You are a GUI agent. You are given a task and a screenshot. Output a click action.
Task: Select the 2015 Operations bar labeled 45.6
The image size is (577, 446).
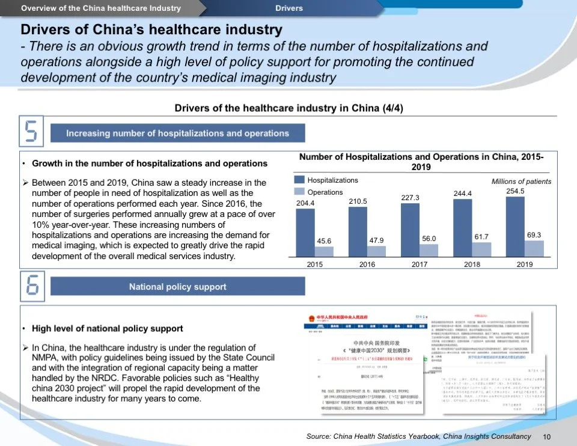tap(324, 251)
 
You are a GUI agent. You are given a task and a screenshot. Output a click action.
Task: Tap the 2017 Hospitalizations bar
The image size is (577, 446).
tap(410, 230)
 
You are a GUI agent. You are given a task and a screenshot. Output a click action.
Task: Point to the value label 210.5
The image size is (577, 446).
tap(358, 201)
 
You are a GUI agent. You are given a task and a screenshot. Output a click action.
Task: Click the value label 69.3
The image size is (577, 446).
tap(534, 235)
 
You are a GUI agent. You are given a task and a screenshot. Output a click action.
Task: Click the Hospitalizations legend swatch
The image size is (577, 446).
tap(299, 180)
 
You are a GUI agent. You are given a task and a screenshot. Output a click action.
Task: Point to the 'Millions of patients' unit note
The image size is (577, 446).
tap(521, 181)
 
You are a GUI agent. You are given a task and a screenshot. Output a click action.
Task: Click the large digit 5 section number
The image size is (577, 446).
tap(32, 133)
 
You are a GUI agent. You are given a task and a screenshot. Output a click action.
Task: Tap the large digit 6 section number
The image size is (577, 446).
tap(32, 286)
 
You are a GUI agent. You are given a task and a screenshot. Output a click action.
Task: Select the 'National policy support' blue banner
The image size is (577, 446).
tap(177, 287)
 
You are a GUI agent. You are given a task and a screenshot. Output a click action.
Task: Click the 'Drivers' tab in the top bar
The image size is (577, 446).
tap(289, 8)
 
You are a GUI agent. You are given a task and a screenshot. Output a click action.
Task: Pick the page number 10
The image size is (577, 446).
tap(547, 437)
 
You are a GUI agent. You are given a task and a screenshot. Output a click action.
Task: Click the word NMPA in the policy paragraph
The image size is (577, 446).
tap(46, 358)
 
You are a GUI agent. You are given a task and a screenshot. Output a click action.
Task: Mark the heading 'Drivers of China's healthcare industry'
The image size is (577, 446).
tap(151, 29)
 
